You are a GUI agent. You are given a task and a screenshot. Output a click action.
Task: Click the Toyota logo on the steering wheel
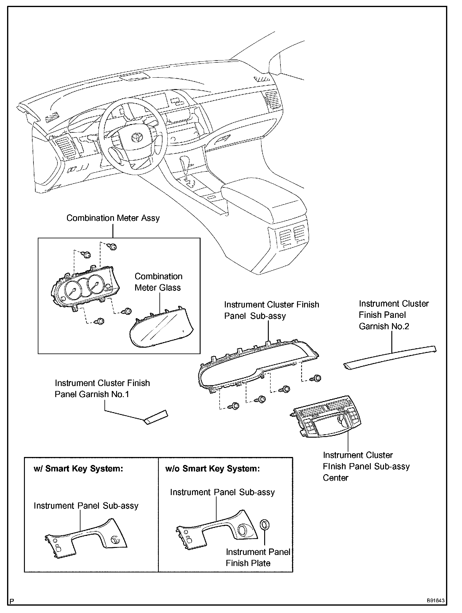(135, 137)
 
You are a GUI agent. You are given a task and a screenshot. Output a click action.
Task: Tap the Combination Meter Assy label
(113, 218)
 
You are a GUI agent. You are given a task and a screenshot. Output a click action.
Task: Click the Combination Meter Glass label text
(158, 282)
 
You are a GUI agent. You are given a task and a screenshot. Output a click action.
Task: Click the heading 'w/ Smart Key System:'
(78, 469)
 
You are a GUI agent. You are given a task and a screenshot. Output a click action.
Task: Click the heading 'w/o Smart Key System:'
(212, 469)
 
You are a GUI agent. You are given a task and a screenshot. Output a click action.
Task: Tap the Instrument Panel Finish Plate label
(258, 557)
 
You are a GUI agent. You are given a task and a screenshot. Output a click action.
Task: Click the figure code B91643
(435, 600)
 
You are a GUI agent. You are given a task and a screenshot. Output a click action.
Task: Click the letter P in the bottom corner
(12, 601)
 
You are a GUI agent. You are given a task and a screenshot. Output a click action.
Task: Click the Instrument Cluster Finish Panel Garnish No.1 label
(102, 388)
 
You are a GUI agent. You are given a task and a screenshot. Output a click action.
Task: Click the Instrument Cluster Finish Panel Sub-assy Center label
(366, 466)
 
